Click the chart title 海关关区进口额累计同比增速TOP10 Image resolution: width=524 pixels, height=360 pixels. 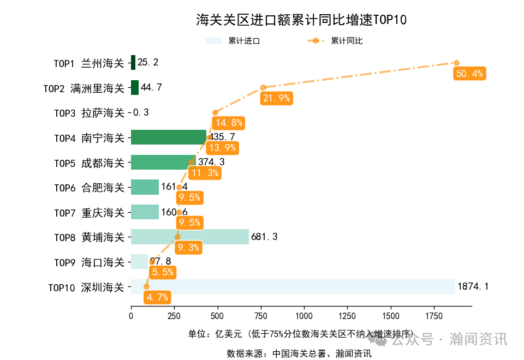[301, 20]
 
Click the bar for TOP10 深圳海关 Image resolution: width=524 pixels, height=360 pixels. [293, 287]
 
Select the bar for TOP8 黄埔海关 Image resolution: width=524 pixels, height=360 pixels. [189, 237]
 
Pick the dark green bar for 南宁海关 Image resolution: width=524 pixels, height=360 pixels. [168, 137]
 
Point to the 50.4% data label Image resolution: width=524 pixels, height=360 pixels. [469, 74]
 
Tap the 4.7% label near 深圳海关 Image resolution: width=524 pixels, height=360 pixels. [157, 297]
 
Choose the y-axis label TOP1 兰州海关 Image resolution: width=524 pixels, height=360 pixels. [89, 63]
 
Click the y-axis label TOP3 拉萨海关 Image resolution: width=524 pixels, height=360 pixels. [89, 113]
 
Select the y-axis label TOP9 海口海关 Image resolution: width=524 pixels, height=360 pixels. [89, 262]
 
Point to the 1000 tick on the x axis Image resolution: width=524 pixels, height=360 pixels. [304, 316]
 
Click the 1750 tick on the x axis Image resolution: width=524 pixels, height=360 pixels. [434, 316]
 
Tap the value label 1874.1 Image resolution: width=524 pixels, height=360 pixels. [473, 287]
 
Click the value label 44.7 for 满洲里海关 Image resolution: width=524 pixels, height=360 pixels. [151, 88]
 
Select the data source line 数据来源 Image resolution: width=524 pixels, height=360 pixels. [299, 353]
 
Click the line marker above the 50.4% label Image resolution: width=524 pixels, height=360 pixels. [456, 63]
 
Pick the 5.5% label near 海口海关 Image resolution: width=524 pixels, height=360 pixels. [163, 272]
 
